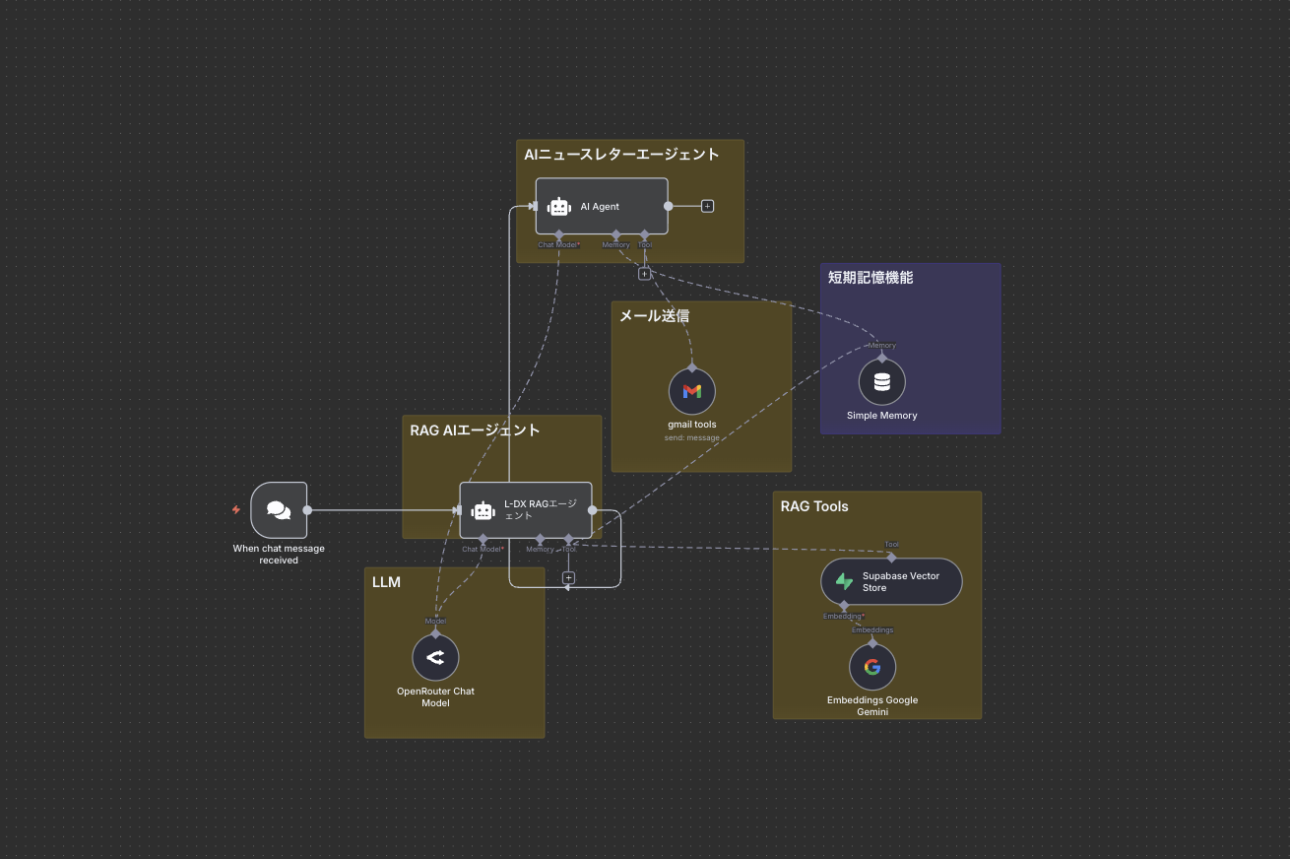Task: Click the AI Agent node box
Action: pos(602,206)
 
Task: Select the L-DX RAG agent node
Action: pos(526,509)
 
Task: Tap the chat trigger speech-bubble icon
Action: pos(279,510)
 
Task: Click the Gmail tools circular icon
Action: pos(692,391)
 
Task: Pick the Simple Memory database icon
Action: pos(881,382)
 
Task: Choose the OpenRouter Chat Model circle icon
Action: pos(435,657)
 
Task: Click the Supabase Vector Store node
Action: pos(891,581)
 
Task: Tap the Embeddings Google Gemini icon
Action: pos(872,667)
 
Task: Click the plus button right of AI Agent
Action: pos(707,206)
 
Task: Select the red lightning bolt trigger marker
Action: pos(236,509)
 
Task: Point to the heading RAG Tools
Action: pos(814,506)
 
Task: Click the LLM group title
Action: pos(386,582)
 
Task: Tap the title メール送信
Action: pos(654,316)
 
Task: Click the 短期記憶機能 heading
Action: pos(871,278)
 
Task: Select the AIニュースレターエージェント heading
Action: pos(621,155)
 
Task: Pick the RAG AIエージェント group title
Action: pos(475,430)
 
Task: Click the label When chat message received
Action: pos(279,555)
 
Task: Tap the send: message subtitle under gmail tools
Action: pos(691,437)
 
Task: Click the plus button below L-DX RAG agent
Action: pos(568,577)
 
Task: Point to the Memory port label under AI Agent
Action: pos(615,245)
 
